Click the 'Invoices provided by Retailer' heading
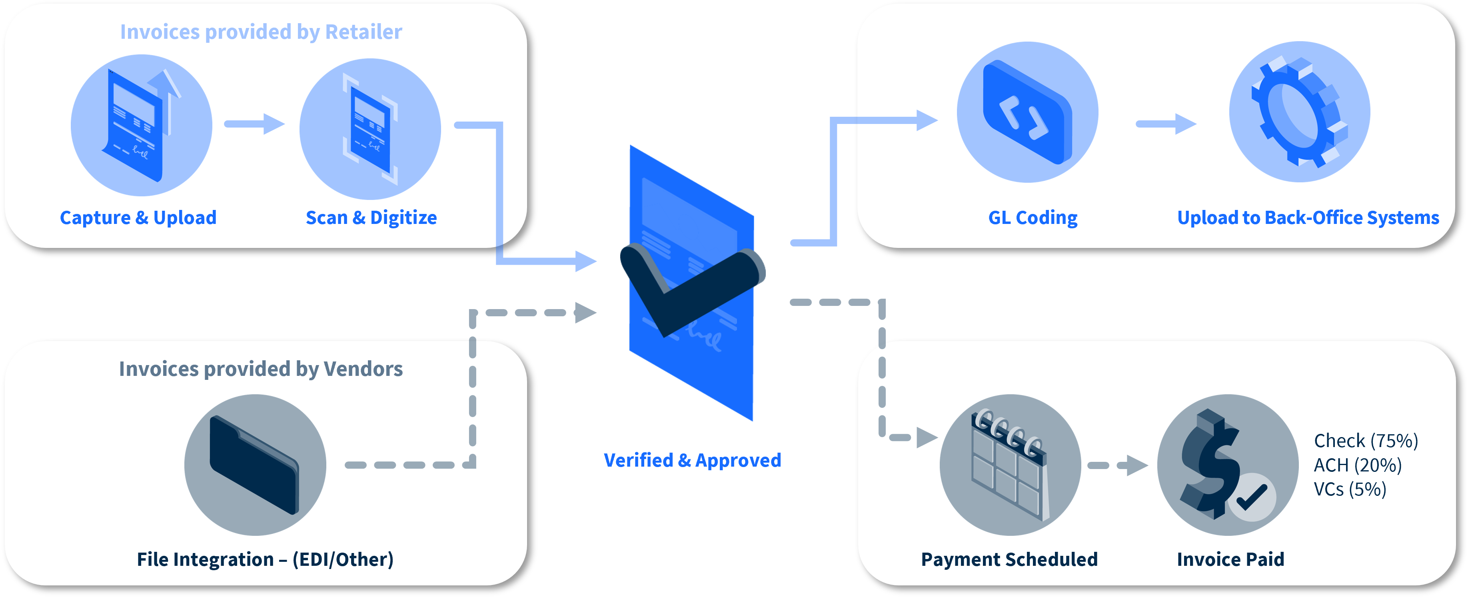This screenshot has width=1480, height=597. coord(261,32)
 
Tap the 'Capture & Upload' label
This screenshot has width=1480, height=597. coord(138,218)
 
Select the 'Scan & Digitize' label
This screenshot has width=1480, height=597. coord(371,218)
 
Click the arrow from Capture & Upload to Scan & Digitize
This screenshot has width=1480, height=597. coord(254,124)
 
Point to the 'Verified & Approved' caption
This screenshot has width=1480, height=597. coord(692,460)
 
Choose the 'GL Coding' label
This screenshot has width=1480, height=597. coord(1033,218)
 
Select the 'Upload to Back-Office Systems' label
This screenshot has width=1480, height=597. coord(1308,218)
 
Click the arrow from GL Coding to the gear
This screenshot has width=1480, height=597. coord(1166,124)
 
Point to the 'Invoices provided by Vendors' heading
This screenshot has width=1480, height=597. coord(261,369)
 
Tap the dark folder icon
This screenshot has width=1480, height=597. coord(254,465)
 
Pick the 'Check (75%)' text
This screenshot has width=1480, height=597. coord(1366,441)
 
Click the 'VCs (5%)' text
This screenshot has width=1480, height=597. coord(1350,489)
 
